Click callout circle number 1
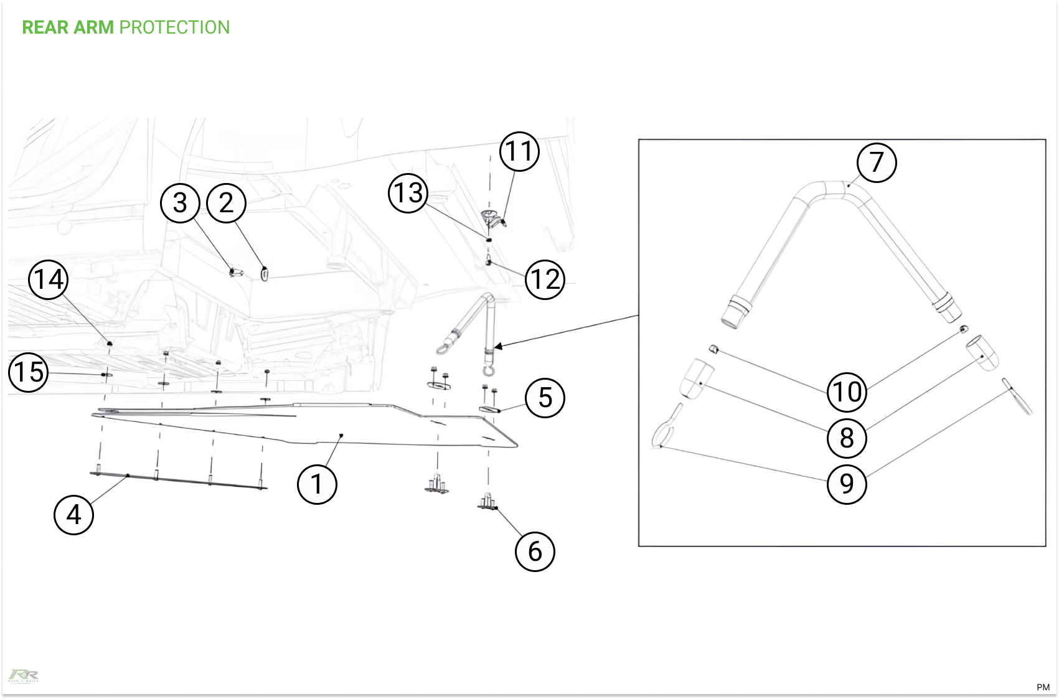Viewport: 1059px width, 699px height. [317, 484]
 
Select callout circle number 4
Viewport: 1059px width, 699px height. [73, 515]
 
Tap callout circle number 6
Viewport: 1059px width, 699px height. [535, 551]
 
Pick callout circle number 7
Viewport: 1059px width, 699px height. [877, 162]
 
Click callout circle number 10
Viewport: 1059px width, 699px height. [847, 392]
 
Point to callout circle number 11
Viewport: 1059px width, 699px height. [520, 151]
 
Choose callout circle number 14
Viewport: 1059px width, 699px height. [48, 279]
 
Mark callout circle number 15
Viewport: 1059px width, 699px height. [29, 372]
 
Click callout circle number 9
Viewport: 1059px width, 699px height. [847, 484]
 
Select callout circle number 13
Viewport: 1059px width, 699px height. [408, 193]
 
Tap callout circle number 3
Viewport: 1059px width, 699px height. [180, 203]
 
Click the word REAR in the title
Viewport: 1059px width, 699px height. [45, 27]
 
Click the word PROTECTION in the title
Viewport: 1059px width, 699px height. [174, 27]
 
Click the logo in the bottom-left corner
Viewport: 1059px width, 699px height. [23, 676]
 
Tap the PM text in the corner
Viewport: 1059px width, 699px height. [1043, 687]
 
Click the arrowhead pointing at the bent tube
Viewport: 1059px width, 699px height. [498, 346]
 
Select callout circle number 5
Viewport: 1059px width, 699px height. [545, 398]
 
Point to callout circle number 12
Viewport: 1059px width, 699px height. [545, 279]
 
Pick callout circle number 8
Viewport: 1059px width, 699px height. [847, 438]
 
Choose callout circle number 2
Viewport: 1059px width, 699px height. [227, 203]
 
